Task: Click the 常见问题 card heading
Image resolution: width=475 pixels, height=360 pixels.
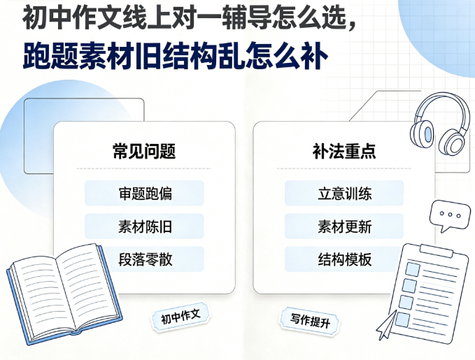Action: tap(144, 151)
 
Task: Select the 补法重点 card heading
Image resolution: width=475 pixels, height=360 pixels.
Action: tap(344, 151)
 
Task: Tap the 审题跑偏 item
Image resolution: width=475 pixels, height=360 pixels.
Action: tap(144, 193)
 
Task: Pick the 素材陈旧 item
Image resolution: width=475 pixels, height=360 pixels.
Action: tap(144, 226)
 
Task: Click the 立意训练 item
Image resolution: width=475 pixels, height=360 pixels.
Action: tap(344, 193)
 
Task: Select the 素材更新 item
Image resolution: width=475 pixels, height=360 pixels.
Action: tap(344, 226)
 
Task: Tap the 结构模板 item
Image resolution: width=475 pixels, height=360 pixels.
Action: tap(344, 259)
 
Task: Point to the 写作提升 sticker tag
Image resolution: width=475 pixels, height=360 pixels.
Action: tap(310, 321)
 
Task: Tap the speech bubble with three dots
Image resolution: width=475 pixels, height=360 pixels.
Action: tap(450, 215)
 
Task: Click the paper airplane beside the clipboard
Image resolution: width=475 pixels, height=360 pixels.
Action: tap(386, 326)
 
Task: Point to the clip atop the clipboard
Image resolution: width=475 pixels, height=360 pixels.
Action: tap(437, 251)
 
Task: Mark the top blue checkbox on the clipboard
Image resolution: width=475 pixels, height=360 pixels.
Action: tap(413, 269)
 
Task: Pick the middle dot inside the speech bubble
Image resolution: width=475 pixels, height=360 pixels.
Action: tap(450, 215)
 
